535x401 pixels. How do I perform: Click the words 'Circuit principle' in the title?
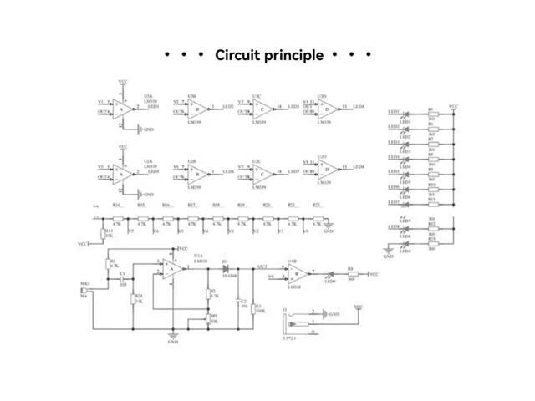pyautogui.click(x=268, y=56)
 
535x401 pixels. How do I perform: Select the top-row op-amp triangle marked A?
pyautogui.click(x=123, y=108)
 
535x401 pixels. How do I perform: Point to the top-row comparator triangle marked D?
pyautogui.click(x=329, y=108)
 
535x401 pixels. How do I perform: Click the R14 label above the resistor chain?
pyautogui.click(x=116, y=205)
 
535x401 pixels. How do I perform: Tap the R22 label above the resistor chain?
pyautogui.click(x=316, y=205)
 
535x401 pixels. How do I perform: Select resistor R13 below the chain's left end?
pyautogui.click(x=104, y=234)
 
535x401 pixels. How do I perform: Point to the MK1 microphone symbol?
pyautogui.click(x=86, y=290)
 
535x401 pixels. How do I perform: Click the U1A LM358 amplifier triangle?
pyautogui.click(x=173, y=268)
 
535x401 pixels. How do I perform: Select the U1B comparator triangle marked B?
pyautogui.click(x=293, y=272)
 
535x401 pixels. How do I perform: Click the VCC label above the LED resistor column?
pyautogui.click(x=452, y=107)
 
